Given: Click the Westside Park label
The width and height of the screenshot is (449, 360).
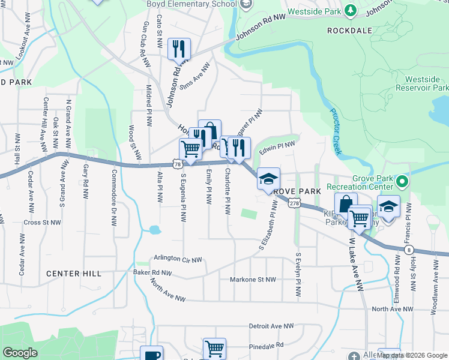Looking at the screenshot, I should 313,11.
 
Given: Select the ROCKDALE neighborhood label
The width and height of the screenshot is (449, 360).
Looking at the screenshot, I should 349,30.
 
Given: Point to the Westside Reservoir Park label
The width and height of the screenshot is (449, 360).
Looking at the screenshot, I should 426,83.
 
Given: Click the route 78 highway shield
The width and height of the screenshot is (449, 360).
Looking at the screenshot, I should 176,163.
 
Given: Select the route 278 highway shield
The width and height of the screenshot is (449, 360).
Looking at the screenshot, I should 293,204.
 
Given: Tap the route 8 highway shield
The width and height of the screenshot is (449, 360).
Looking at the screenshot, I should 409,248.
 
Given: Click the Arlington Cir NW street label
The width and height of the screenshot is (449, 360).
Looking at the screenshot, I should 179,259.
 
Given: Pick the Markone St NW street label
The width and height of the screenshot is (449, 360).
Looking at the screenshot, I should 253,280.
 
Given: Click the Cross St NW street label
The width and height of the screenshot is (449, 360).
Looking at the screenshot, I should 42,223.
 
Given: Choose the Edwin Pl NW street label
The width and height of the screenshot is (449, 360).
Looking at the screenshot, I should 277,146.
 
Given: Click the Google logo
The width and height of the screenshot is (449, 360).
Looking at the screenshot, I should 20,353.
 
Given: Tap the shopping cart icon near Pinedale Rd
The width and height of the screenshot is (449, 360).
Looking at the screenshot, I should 214,348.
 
